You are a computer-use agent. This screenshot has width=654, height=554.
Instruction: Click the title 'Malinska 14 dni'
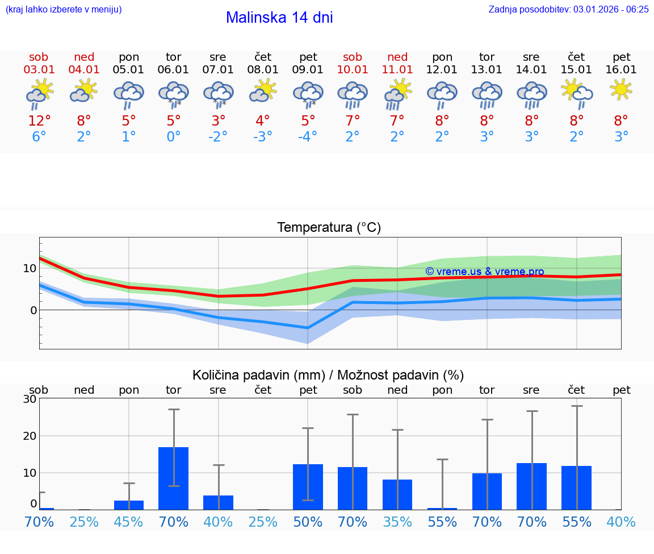279,18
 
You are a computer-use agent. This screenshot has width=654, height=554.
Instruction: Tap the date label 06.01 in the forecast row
173,69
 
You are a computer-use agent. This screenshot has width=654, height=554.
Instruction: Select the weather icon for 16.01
621,89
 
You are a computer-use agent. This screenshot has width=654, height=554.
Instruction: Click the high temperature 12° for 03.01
39,121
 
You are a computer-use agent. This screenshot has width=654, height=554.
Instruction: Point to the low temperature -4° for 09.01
308,137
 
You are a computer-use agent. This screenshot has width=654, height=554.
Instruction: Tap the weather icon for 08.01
263,90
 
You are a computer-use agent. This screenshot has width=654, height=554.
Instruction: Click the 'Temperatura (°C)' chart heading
329,228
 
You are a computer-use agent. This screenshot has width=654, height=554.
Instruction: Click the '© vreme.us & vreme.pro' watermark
484,272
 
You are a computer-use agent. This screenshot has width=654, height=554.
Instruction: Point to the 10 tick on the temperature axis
30,268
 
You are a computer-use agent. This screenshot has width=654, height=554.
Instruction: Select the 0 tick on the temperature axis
33,310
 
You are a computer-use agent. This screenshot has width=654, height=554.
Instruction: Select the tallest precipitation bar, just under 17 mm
173,478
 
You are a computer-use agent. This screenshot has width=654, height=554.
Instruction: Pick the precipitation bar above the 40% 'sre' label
218,502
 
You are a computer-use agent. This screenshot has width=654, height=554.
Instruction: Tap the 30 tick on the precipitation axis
30,399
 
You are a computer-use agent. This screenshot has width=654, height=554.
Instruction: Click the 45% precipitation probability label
128,522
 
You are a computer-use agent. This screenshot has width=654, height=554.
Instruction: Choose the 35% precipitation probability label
397,522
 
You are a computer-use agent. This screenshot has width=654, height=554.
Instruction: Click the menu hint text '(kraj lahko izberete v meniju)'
63,9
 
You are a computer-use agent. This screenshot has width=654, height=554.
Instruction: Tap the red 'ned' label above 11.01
397,57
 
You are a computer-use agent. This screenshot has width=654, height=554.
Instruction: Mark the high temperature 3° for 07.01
218,121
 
